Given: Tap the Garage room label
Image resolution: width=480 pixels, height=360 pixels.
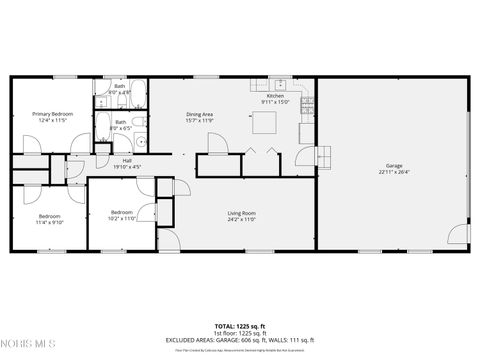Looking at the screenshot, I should click(x=395, y=165).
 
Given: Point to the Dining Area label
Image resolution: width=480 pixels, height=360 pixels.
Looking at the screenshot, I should click(x=200, y=114).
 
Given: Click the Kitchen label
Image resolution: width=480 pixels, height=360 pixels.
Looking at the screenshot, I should click(x=275, y=96).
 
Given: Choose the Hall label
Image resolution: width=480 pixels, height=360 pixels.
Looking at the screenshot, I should click(x=127, y=160).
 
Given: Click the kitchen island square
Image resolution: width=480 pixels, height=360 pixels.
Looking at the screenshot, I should click(x=264, y=122).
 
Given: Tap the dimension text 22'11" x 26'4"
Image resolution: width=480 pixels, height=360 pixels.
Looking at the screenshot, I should click(x=395, y=172).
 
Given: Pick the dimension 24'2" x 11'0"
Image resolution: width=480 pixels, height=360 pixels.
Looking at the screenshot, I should click(x=242, y=219).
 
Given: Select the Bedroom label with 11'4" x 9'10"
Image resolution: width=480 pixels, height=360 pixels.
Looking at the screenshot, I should click(x=50, y=216).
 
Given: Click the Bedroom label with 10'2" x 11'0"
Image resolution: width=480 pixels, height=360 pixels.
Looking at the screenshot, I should click(x=122, y=212).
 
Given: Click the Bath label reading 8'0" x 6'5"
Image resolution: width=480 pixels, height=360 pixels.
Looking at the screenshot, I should click(x=120, y=122).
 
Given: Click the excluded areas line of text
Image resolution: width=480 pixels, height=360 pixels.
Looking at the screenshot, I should click(x=240, y=340).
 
